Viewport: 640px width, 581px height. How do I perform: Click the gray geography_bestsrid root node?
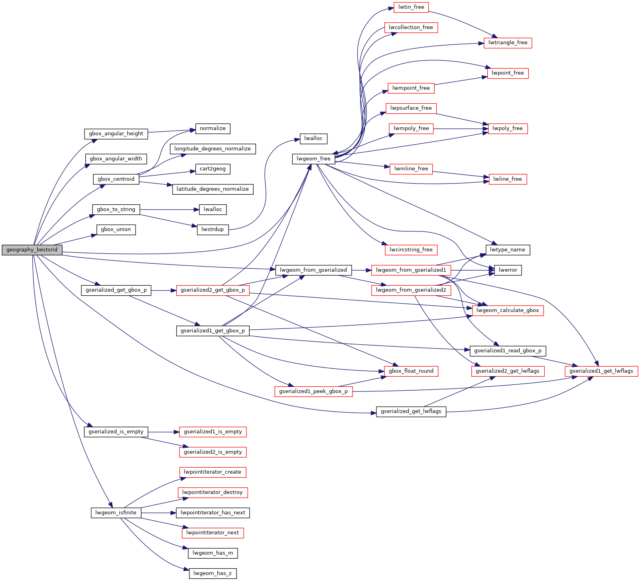tap(32, 250)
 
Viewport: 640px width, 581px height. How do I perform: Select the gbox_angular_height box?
tap(116, 134)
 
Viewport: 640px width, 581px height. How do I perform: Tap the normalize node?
tap(213, 128)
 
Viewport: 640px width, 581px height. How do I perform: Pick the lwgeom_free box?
tap(313, 159)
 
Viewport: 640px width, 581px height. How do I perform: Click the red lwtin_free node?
tap(411, 7)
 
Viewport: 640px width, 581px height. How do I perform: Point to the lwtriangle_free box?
tap(508, 43)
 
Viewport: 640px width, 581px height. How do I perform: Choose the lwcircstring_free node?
tap(411, 250)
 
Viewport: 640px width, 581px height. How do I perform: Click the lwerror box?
tap(508, 270)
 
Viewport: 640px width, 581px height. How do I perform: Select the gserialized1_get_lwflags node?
tap(601, 371)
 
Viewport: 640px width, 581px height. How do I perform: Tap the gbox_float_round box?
tap(411, 371)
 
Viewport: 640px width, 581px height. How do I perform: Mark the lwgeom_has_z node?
tap(213, 573)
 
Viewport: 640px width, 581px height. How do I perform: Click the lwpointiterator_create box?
tap(213, 472)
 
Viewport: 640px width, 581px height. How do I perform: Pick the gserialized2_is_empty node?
tap(213, 452)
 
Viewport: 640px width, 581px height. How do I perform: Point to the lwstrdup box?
tap(213, 229)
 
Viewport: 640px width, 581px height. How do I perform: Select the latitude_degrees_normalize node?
tap(213, 189)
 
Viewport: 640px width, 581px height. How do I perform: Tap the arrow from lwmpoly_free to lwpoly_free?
tap(461, 128)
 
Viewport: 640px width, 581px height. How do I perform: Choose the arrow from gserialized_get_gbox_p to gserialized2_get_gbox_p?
tap(163, 290)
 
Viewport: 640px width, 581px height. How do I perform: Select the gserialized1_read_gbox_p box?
tap(508, 351)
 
